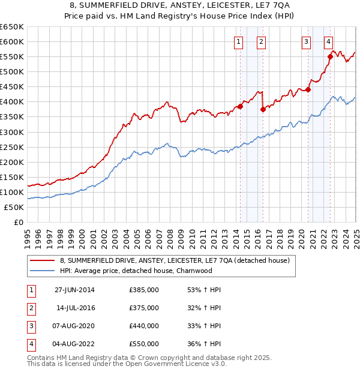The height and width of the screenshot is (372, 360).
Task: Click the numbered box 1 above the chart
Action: click(239, 41)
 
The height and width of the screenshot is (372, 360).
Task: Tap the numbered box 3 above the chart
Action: click(306, 41)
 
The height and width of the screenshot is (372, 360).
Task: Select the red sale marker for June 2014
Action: click(240, 106)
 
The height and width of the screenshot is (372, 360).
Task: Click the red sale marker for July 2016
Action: click(263, 109)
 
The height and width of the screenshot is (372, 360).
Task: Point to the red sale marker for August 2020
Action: click(308, 90)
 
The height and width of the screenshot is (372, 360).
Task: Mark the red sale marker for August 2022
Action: click(330, 57)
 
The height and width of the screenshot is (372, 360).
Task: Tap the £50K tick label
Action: click(14, 207)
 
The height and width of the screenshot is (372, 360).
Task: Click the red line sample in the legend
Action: click(42, 261)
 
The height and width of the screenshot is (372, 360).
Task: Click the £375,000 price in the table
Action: click(144, 308)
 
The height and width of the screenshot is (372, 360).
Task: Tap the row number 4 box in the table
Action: click(31, 344)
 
